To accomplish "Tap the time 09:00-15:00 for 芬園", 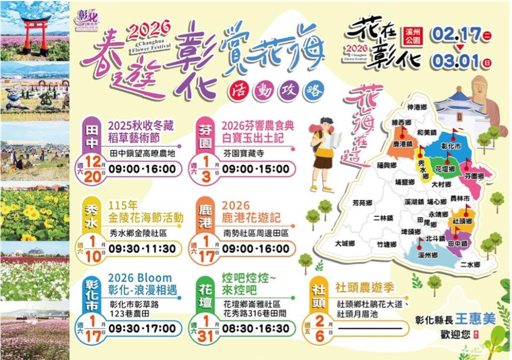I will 255,168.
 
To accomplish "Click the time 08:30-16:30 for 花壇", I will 255,329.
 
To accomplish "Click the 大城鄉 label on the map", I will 345,243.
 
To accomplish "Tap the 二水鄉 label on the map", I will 470,265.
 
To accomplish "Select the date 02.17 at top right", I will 454,35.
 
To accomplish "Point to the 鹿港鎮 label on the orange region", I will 402,144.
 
